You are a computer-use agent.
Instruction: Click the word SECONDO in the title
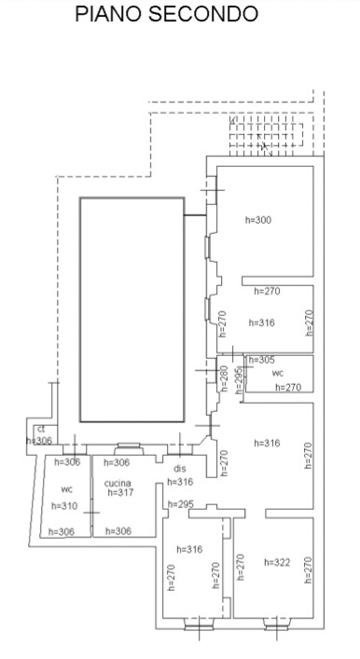203,13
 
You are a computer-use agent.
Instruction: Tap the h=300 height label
258,220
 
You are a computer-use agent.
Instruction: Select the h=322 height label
277,562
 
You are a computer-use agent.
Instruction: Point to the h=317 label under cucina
120,492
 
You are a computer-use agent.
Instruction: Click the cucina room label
118,484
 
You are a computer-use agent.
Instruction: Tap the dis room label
180,468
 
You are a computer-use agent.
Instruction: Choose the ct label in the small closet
41,429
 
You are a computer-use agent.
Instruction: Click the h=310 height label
64,506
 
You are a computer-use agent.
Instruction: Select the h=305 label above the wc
261,360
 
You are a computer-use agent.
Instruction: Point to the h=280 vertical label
224,378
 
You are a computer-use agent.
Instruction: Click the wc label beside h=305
278,373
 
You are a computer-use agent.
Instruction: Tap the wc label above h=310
67,489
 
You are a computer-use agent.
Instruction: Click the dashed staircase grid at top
266,135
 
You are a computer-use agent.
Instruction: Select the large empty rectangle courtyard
132,309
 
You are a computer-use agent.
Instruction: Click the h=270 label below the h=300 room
267,291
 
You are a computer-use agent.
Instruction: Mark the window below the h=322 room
277,624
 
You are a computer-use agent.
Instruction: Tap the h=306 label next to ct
38,441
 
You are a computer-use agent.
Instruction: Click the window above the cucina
129,448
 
